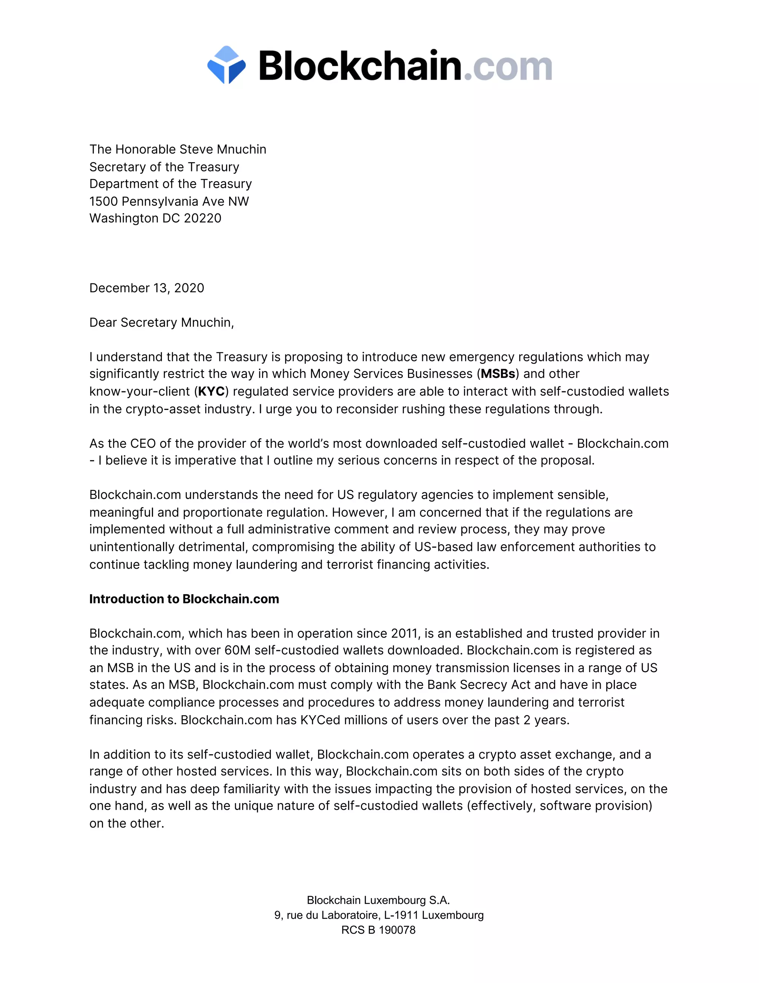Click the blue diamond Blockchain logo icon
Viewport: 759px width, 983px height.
[226, 65]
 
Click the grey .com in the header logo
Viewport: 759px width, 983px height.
[508, 67]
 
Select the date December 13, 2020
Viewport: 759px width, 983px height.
[147, 288]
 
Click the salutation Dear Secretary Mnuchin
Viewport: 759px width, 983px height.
[162, 323]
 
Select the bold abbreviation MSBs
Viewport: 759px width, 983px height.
[498, 374]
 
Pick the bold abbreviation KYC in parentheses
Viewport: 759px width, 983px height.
[211, 392]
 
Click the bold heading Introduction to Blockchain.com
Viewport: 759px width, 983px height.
[184, 599]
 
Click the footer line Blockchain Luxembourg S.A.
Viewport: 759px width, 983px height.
[378, 900]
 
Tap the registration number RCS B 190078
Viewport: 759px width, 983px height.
[378, 930]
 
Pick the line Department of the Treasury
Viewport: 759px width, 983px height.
[170, 184]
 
